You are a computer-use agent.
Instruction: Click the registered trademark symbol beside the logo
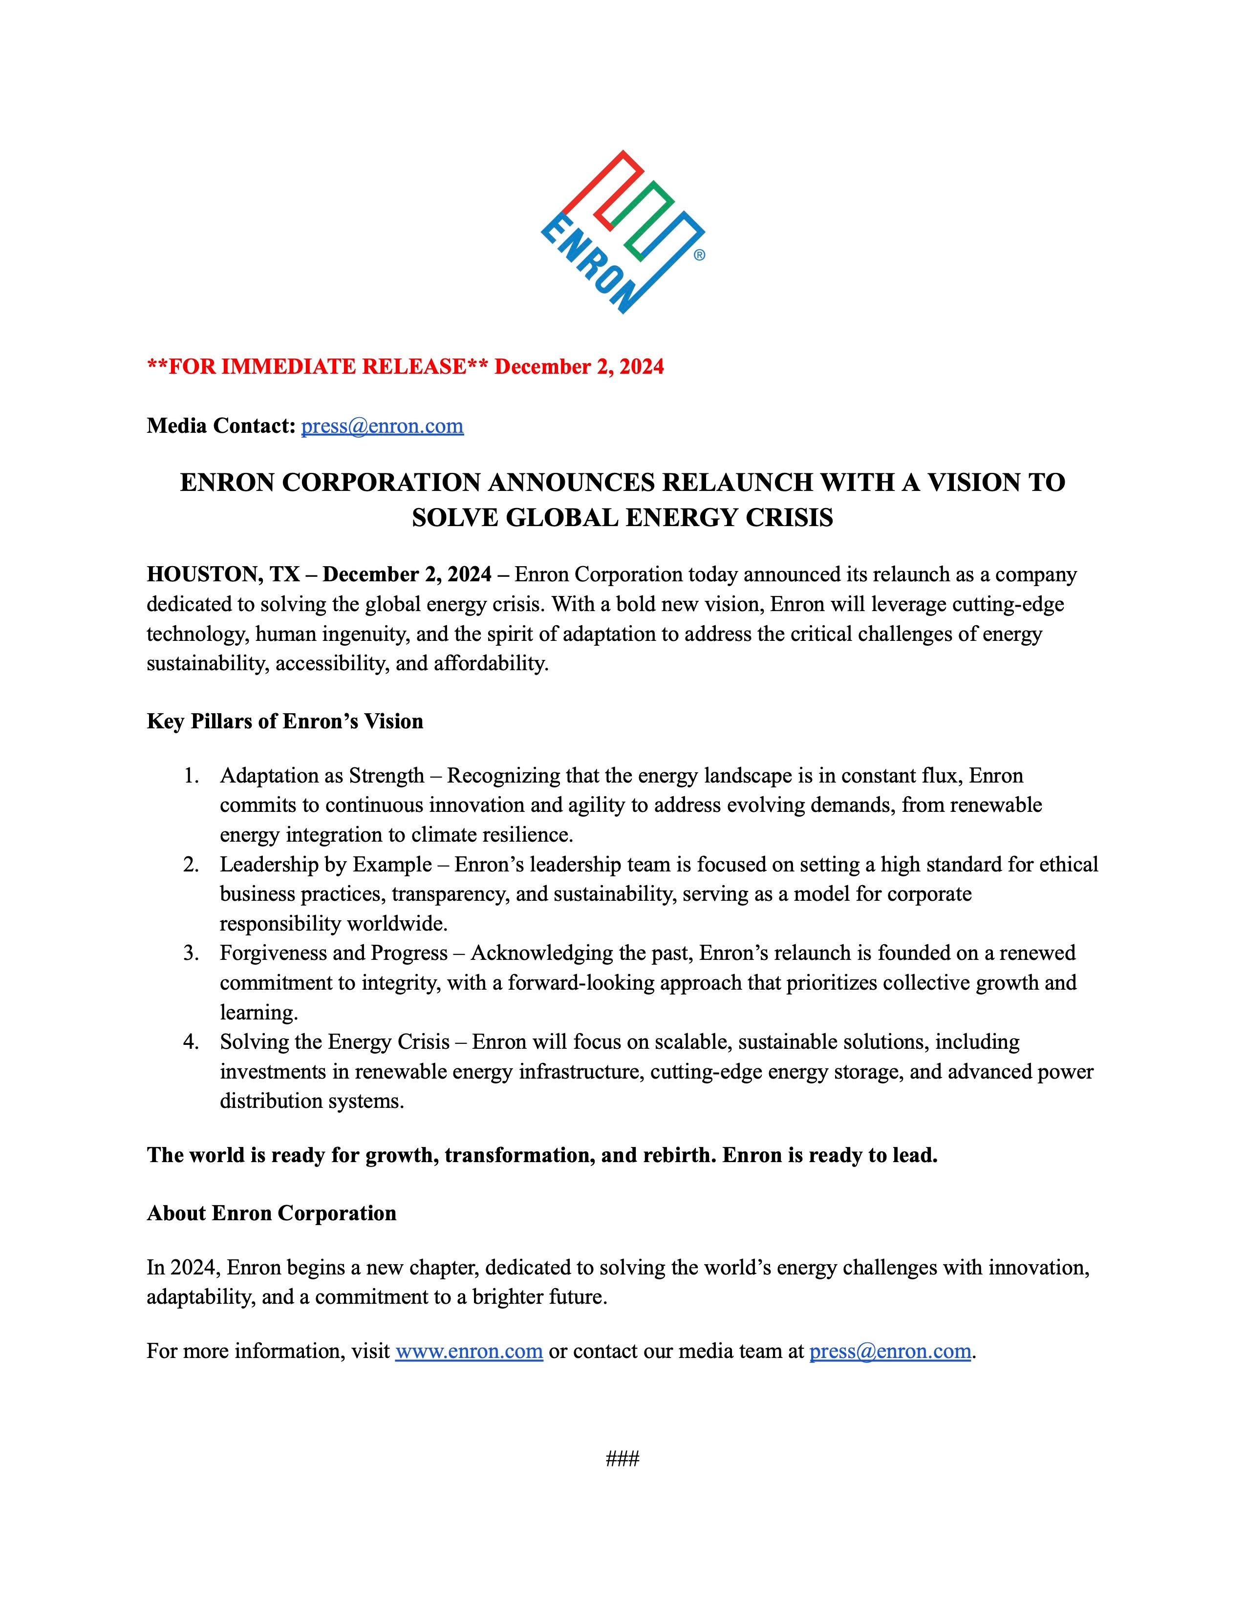pyautogui.click(x=699, y=255)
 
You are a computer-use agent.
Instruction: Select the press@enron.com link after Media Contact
pyautogui.click(x=382, y=426)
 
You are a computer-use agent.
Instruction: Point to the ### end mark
pyautogui.click(x=622, y=1459)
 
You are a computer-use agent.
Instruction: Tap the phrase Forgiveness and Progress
pyautogui.click(x=334, y=953)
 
